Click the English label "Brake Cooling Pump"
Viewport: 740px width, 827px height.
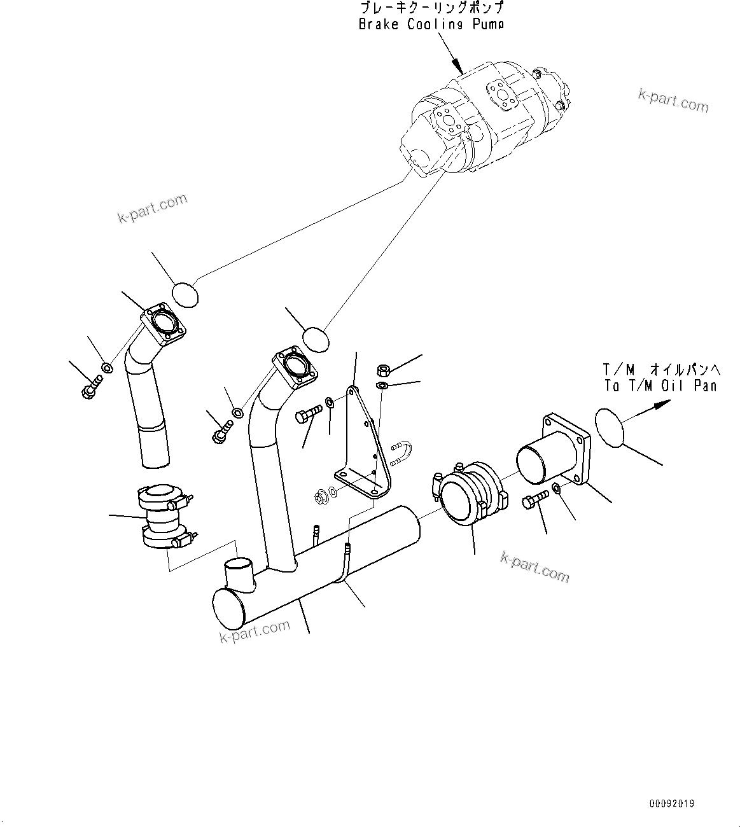(x=431, y=24)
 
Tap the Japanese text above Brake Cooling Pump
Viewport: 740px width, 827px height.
(x=431, y=8)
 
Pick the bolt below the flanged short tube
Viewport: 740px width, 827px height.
(x=534, y=501)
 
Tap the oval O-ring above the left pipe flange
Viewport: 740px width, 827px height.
(x=185, y=295)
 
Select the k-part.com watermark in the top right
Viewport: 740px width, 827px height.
(x=673, y=101)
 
